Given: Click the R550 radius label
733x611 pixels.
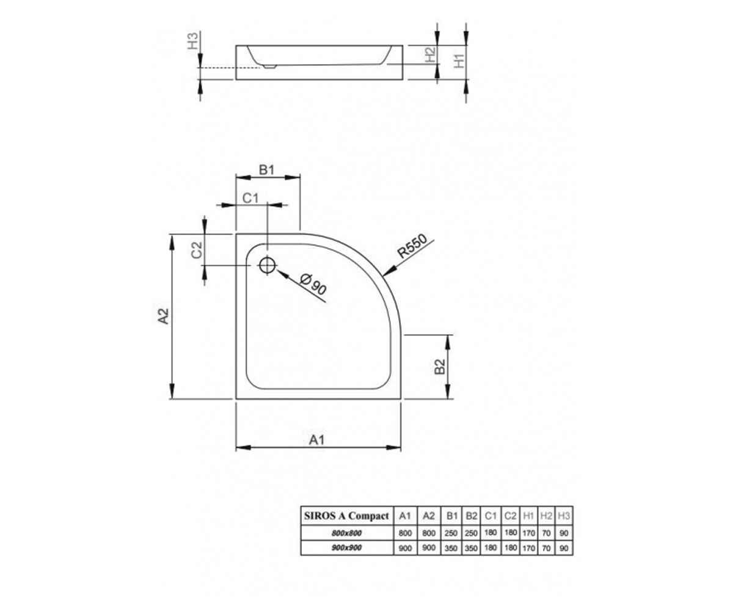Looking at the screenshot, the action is tap(412, 246).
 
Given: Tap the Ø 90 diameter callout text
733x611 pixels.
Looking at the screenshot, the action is tap(314, 285).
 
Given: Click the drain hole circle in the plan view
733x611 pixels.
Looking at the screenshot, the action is tap(268, 265).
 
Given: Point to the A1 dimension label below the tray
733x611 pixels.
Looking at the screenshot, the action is tap(316, 439).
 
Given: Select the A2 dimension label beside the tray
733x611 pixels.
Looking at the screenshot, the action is tap(164, 316).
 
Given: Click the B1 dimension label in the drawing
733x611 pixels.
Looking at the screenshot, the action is tap(266, 170).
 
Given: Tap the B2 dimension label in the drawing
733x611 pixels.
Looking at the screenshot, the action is tap(440, 367).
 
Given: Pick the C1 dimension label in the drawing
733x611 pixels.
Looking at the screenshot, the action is tap(250, 198).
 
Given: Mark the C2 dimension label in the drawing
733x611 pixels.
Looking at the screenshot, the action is tap(197, 250).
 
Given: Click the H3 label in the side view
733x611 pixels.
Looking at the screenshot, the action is tap(193, 40).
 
